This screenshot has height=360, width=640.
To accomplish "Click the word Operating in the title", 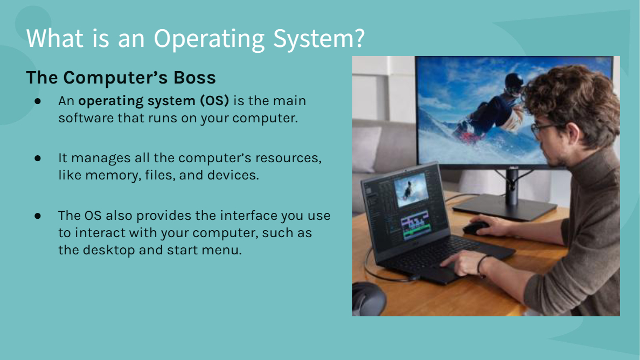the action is click(209, 39).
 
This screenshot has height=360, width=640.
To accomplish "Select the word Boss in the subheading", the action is click(194, 78).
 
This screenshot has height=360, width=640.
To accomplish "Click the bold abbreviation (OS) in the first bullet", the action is click(214, 100).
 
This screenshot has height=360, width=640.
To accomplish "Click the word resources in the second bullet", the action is click(288, 157).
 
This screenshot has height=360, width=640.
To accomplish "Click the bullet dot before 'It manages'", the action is click(38, 158).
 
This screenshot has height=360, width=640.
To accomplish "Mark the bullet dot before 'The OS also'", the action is click(38, 216).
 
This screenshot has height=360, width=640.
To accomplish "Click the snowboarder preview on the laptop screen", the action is click(410, 189).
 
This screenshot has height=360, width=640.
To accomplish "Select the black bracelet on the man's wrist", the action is click(481, 264).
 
